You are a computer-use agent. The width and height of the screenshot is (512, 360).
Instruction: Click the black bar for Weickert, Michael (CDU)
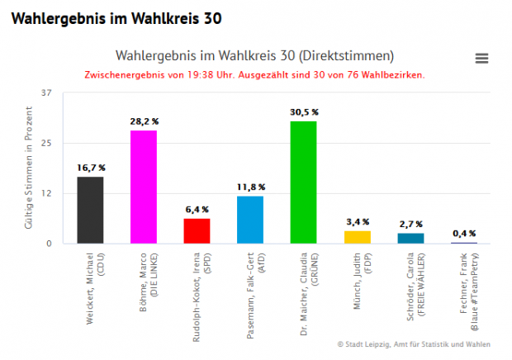pos(90,210)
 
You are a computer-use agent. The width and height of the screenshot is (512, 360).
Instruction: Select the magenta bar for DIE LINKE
pos(144,187)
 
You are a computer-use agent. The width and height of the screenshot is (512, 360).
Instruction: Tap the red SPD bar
pos(197,230)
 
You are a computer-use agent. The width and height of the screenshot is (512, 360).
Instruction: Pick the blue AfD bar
pos(250,220)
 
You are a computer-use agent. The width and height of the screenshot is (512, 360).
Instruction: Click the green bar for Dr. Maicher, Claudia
pos(303,182)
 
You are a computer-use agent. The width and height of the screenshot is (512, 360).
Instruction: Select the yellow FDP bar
pos(357,237)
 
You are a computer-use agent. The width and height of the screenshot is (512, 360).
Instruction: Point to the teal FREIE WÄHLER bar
pos(410,238)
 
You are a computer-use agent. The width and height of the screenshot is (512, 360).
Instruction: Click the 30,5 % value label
pos(304,111)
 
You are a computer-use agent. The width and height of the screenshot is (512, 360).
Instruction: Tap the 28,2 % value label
pos(144,121)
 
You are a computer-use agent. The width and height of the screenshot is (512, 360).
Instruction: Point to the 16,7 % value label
pos(91,168)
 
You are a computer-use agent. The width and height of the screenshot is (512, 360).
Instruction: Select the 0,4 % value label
pos(464,233)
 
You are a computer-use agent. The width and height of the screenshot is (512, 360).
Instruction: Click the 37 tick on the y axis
pos(46,93)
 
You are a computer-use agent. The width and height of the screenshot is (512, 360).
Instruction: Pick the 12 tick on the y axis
pos(46,193)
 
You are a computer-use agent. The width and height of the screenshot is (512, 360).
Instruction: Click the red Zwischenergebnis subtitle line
pos(254,74)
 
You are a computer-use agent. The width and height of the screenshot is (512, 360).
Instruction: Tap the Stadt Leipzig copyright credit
pos(414,343)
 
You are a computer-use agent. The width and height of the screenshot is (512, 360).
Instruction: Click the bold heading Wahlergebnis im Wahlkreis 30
pos(116,17)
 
